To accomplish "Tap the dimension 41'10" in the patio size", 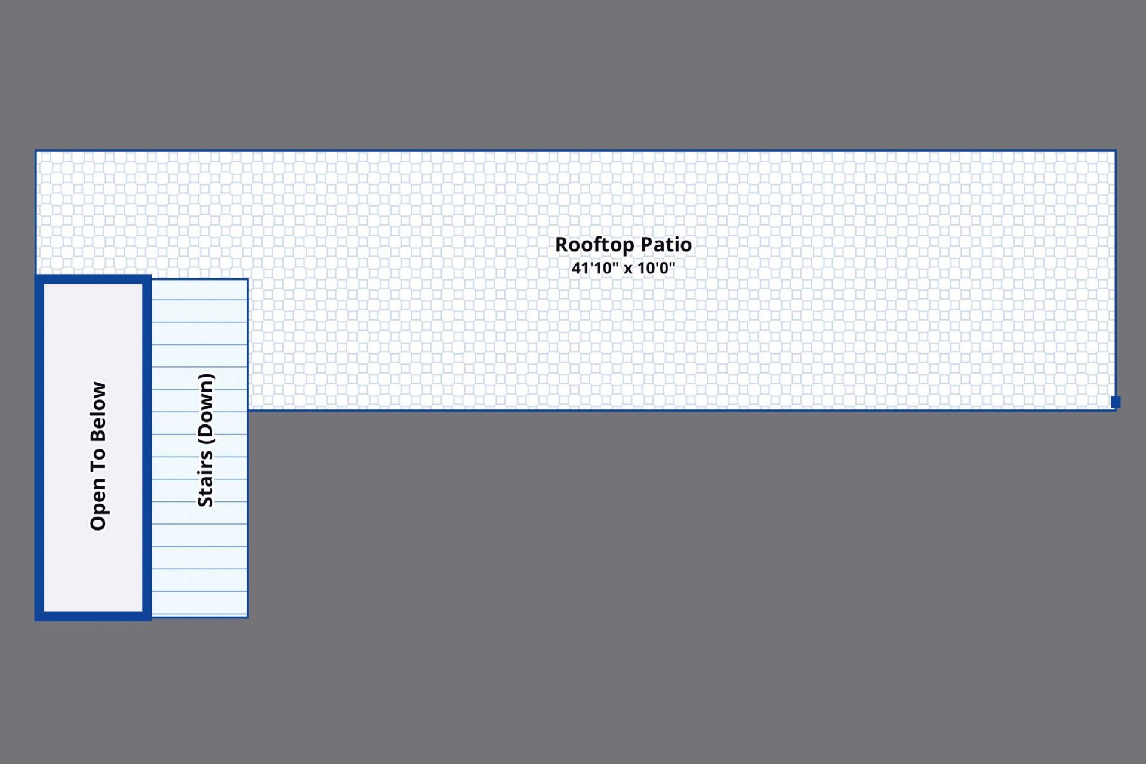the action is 595,267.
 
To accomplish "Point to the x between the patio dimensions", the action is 629,269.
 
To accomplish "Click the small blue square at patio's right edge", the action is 1116,402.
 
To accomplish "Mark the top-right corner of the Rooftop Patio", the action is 1116,150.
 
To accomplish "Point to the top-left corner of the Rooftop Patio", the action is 36,150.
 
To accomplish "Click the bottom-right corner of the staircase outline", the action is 248,617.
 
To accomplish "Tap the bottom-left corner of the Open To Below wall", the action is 36,620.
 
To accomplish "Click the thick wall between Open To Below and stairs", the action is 147,448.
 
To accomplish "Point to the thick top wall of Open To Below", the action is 93,279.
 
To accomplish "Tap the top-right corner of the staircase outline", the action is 248,279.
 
